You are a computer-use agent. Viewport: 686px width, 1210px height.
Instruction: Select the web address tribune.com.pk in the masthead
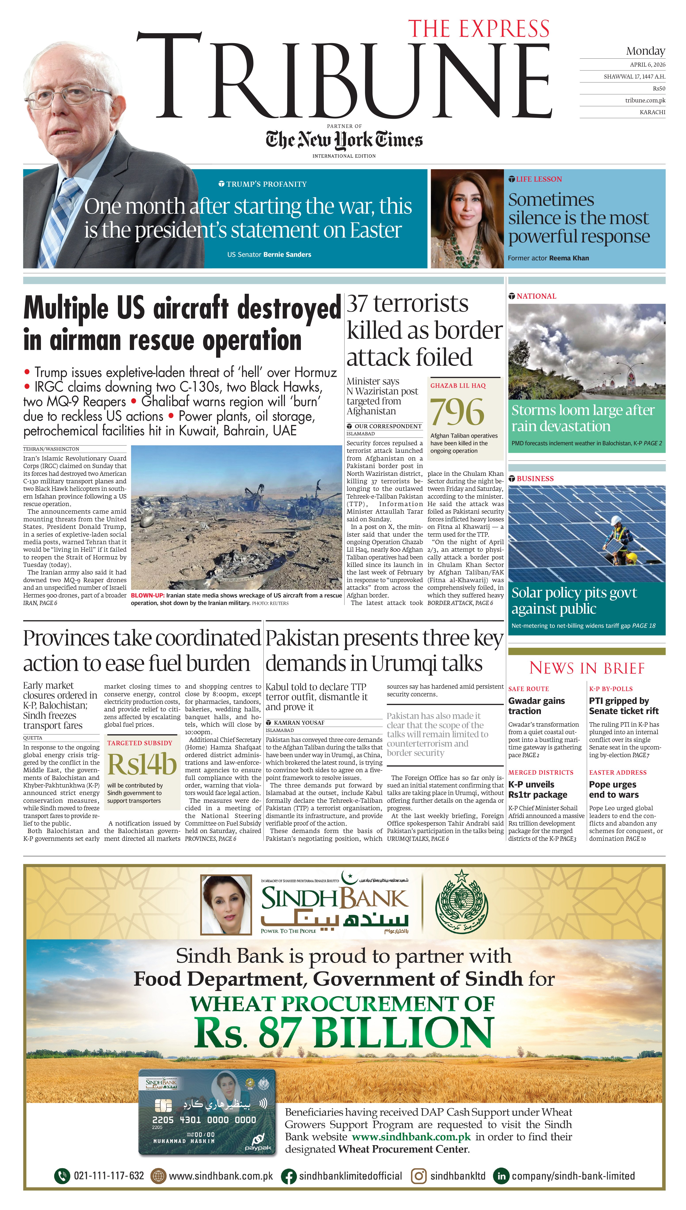(645, 100)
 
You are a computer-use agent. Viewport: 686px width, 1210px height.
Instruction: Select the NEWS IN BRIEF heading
(587, 668)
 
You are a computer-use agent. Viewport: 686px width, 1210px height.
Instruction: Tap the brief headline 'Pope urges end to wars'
(613, 789)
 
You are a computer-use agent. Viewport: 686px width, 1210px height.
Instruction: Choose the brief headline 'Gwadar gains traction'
(536, 706)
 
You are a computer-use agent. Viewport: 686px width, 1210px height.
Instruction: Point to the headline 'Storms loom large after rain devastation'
(583, 418)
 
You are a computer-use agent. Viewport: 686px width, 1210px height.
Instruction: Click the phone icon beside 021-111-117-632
(62, 1176)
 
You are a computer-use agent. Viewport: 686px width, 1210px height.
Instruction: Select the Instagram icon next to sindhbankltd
(418, 1176)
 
